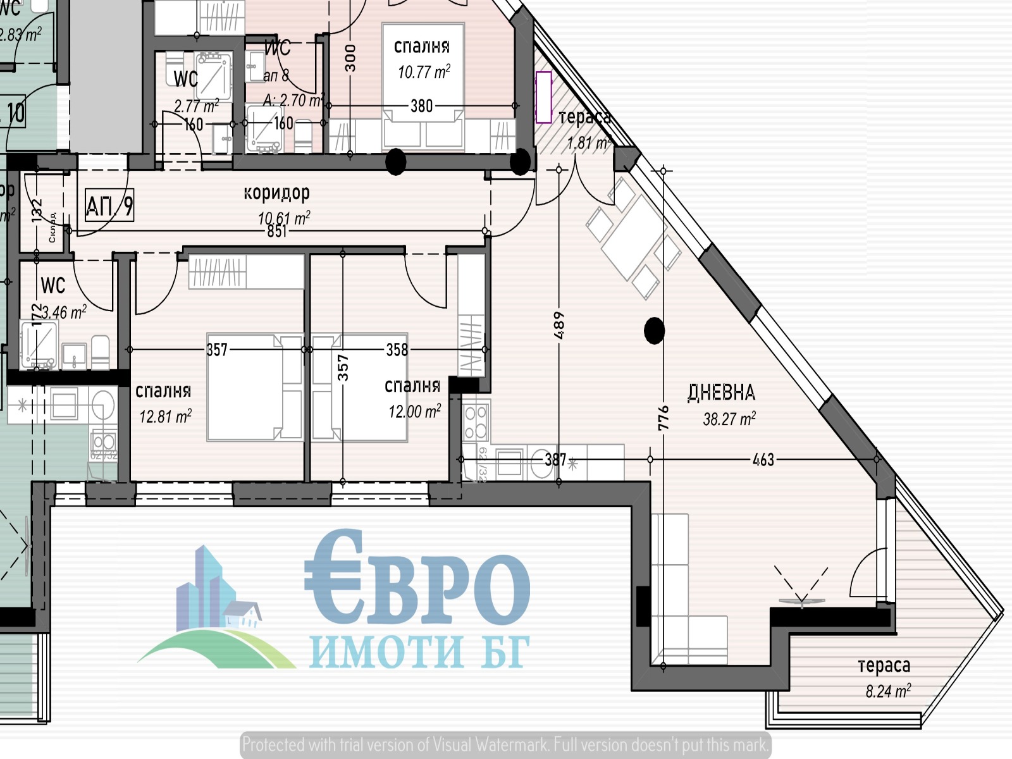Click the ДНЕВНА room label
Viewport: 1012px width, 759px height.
click(x=721, y=393)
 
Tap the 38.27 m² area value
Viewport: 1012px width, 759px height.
click(x=729, y=419)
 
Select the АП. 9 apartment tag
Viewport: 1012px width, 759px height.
click(x=109, y=206)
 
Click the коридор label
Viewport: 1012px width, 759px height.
click(x=276, y=192)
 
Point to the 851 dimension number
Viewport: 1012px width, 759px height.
click(x=276, y=231)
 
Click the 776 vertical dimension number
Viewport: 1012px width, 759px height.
click(x=663, y=418)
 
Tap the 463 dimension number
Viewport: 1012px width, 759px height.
click(x=763, y=460)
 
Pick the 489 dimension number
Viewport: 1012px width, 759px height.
click(x=558, y=325)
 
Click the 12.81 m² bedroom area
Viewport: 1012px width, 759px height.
click(x=165, y=416)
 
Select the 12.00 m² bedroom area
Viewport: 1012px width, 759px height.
click(x=414, y=412)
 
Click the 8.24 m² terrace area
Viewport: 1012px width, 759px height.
click(x=888, y=691)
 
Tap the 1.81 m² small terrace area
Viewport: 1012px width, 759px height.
click(x=588, y=143)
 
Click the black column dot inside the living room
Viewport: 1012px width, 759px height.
click(x=654, y=330)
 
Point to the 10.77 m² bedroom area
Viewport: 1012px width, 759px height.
click(x=424, y=71)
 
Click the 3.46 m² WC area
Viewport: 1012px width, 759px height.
click(x=62, y=312)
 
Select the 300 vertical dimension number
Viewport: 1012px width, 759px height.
click(x=350, y=58)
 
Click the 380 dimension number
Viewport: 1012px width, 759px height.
click(x=421, y=106)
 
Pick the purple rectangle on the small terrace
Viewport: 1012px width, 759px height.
click(x=543, y=97)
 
